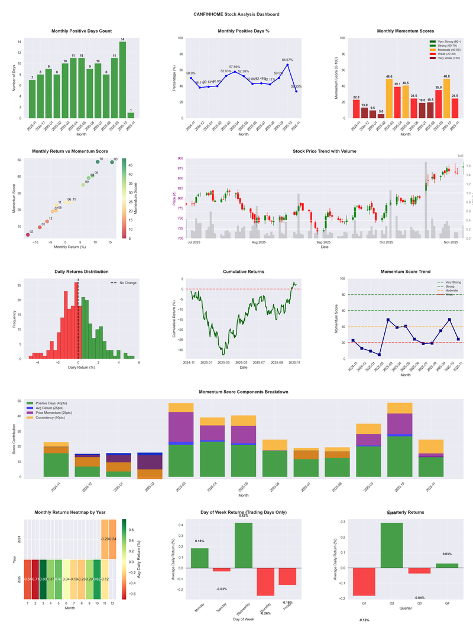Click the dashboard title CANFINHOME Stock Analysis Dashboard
pyautogui.click(x=237, y=14)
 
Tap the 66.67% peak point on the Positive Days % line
pyautogui.click(x=287, y=65)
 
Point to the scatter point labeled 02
pyautogui.click(x=28, y=235)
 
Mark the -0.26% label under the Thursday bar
pyautogui.click(x=265, y=597)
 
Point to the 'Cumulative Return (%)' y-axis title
pyautogui.click(x=175, y=319)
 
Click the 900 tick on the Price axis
pyautogui.click(x=179, y=159)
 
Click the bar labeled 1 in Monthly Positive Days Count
pyautogui.click(x=131, y=115)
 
